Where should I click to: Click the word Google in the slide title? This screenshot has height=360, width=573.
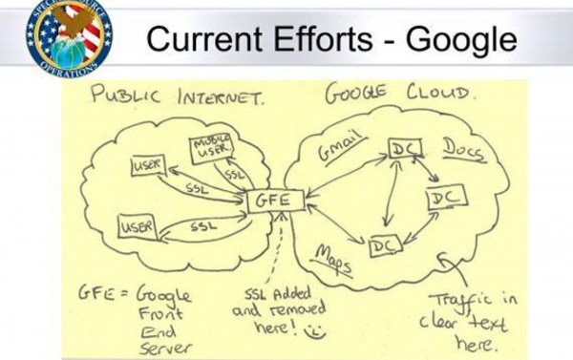tap(461, 40)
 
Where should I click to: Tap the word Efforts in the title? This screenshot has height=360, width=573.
tap(323, 38)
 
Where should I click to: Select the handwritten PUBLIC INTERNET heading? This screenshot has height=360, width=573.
tap(177, 95)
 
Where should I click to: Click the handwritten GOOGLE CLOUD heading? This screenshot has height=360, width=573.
tap(400, 92)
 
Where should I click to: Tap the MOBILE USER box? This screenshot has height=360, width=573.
tap(212, 148)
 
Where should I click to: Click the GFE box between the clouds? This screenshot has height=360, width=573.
tap(276, 201)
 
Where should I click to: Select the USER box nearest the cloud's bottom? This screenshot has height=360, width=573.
tap(138, 226)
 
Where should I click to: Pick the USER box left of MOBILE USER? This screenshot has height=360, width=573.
tap(148, 165)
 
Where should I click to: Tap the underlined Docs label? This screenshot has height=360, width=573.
tap(464, 150)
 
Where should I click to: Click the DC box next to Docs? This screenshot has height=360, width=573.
tap(406, 148)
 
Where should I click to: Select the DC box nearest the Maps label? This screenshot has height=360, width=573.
tap(385, 246)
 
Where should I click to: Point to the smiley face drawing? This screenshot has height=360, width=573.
tap(314, 331)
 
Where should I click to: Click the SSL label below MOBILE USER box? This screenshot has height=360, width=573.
tap(234, 175)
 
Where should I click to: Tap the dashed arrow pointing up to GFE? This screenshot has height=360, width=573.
tap(276, 248)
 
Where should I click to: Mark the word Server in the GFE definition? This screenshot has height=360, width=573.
tap(165, 349)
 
